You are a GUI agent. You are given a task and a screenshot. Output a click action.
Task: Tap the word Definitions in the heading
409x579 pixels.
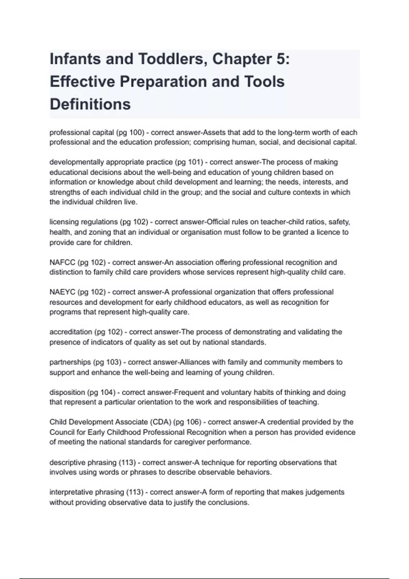(90, 104)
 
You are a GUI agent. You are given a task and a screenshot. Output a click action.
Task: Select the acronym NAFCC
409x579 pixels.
(62, 263)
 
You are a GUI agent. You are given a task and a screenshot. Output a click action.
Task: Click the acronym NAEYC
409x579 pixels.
(62, 292)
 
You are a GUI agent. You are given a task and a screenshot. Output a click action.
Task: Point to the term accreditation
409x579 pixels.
(70, 332)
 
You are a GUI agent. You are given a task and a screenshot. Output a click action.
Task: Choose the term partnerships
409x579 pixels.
(70, 362)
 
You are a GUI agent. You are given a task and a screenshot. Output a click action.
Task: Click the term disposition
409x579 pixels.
(67, 392)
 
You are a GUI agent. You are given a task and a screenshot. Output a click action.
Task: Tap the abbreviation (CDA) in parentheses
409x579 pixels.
(160, 422)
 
